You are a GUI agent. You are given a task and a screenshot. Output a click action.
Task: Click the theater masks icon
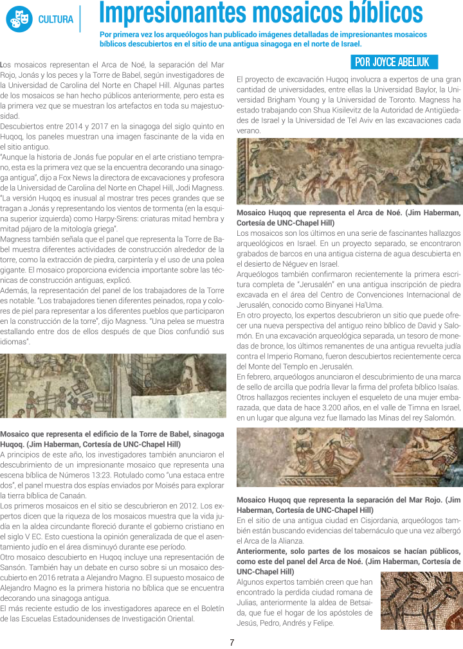19,19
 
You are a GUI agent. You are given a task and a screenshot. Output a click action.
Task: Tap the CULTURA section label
55,19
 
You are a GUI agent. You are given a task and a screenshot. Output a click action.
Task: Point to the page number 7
232,642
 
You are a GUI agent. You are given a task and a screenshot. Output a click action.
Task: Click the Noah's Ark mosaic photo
349,181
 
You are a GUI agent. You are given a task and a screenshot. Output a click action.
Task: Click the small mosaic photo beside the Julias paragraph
421,600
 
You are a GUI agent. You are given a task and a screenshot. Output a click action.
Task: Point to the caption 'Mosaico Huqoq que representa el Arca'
349,217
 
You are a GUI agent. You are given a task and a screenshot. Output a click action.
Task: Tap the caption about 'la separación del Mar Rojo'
349,504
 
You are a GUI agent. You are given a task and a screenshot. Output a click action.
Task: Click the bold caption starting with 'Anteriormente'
349,556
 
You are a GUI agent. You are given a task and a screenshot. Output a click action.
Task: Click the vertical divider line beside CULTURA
80,19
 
